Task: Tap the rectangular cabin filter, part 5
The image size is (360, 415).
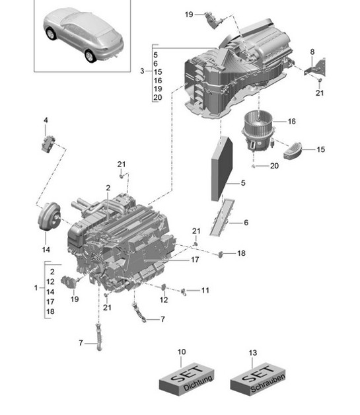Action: pos(222,169)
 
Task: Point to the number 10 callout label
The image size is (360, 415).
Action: pos(182,353)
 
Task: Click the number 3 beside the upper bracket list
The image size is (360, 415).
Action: pos(141,71)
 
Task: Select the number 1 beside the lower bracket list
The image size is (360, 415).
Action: pos(36,288)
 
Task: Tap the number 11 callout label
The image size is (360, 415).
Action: pos(205,290)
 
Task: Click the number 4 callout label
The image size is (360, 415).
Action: pos(46,120)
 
